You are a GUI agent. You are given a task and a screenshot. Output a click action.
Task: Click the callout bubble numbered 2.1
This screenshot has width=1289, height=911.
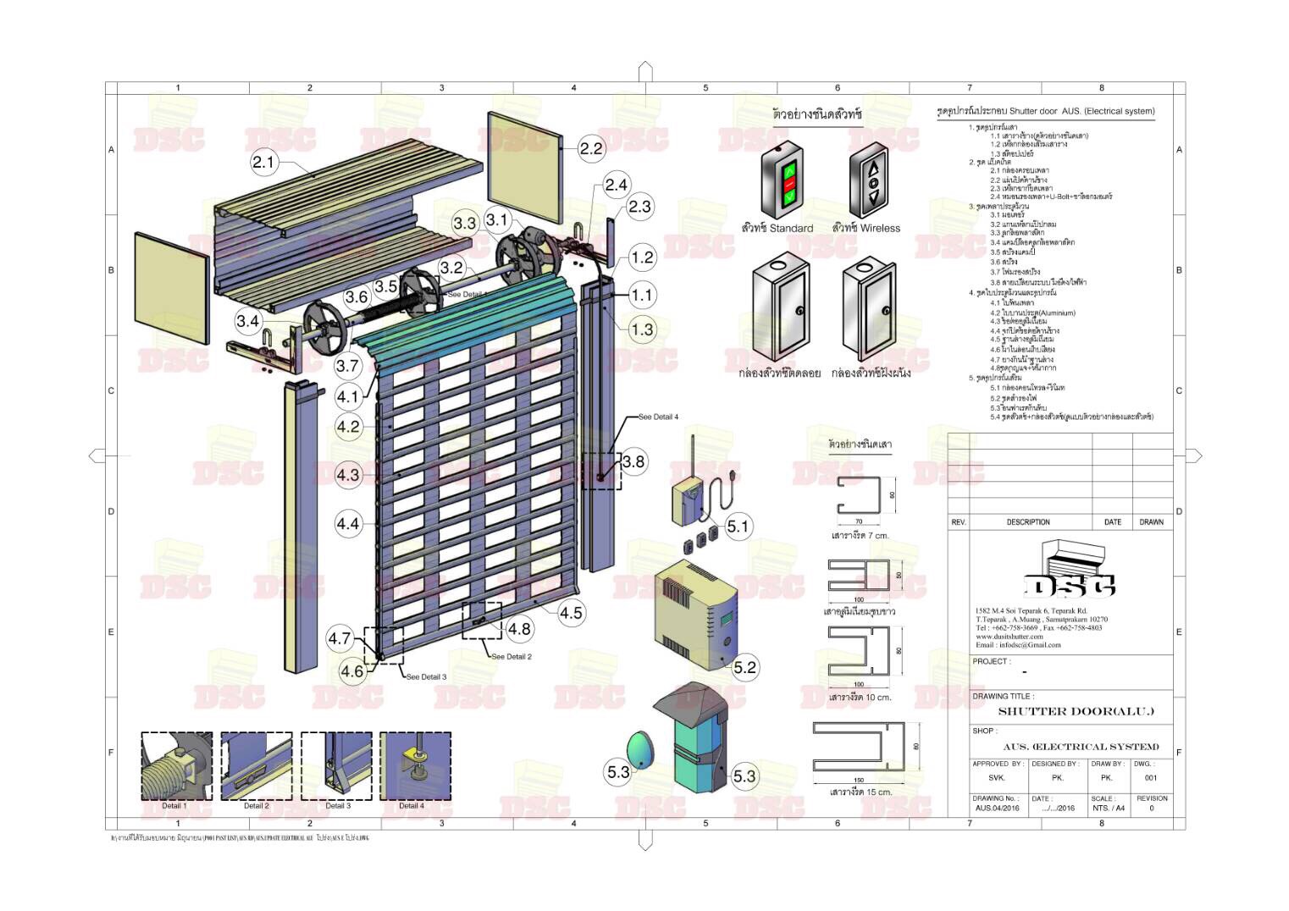pos(264,162)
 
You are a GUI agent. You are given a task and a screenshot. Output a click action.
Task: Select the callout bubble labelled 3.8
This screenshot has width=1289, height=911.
pos(633,461)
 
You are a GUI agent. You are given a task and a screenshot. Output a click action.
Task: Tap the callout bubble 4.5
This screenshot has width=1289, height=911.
pos(571,613)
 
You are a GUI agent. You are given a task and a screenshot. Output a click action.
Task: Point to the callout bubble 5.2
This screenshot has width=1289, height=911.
pos(744,667)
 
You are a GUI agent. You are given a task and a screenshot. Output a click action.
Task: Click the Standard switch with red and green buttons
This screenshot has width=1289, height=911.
pos(787,180)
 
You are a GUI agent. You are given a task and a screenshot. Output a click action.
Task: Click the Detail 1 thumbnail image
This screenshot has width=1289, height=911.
pos(176,765)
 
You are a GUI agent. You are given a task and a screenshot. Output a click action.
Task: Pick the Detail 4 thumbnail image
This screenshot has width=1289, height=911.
pos(414,765)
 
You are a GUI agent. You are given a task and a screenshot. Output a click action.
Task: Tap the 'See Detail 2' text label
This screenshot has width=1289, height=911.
pos(512,656)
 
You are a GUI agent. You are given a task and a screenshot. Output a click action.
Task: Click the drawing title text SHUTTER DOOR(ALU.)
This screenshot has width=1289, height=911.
pos(1076,711)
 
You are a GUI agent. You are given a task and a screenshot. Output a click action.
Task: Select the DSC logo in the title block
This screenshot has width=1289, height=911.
pos(1070,585)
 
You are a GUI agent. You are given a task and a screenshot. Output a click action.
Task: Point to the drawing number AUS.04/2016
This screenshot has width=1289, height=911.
pos(998,808)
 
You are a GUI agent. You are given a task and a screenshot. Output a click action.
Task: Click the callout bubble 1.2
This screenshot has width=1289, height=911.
pos(642,257)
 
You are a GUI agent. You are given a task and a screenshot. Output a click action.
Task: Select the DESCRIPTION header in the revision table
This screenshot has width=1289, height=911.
pos(1028,522)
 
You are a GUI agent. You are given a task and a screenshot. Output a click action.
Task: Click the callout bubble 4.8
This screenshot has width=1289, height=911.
pos(518,628)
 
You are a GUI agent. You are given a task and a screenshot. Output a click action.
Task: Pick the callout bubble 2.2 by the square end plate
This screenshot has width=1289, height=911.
pos(591,148)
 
